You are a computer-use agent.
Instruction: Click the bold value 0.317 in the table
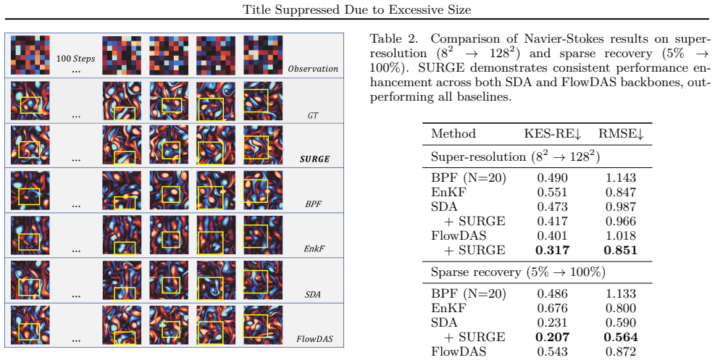(552, 250)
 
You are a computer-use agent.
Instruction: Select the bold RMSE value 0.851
(621, 250)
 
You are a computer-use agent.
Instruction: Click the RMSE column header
(621, 133)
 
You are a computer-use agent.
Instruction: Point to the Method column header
(453, 133)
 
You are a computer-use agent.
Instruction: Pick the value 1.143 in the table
(621, 177)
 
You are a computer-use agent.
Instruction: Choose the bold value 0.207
(552, 338)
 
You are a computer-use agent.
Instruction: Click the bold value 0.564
(621, 338)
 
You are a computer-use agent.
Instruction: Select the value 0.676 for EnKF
(552, 308)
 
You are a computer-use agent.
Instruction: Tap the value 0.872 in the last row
(621, 351)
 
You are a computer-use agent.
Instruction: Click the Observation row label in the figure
(313, 69)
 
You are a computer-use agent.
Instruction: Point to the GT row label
(313, 115)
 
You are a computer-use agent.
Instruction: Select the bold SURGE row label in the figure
(314, 159)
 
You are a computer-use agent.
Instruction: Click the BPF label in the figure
(313, 204)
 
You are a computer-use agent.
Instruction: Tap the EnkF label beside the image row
(313, 248)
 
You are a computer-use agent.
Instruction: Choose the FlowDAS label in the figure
(314, 339)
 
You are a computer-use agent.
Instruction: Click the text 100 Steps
(75, 59)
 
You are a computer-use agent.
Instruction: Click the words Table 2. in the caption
(396, 38)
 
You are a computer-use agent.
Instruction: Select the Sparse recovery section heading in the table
(518, 272)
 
